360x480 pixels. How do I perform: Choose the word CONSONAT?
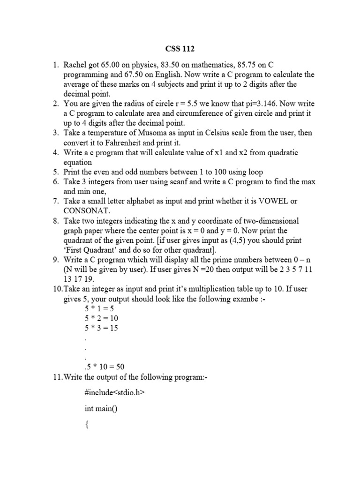(87, 211)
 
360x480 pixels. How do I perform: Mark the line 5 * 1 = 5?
(99, 308)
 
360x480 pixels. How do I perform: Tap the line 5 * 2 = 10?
(101, 318)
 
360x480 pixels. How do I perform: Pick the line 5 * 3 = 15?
(101, 328)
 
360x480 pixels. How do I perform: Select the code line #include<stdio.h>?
(112, 393)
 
